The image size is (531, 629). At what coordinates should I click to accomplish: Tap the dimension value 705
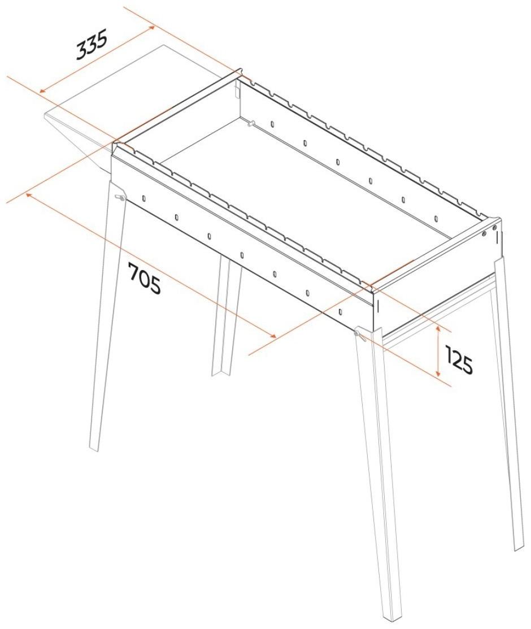(145, 278)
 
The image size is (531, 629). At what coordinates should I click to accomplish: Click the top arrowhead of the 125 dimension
(438, 329)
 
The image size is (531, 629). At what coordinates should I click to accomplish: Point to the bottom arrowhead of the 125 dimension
(438, 372)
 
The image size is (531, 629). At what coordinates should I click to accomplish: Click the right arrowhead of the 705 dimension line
(273, 335)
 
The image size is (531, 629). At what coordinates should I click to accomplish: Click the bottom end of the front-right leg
(393, 624)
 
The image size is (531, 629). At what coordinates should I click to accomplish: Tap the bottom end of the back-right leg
(520, 548)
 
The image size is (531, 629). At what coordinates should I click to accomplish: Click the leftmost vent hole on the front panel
(143, 198)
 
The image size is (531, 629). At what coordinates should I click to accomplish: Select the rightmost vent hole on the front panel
(340, 312)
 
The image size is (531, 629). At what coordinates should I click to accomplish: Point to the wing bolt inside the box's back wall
(251, 124)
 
